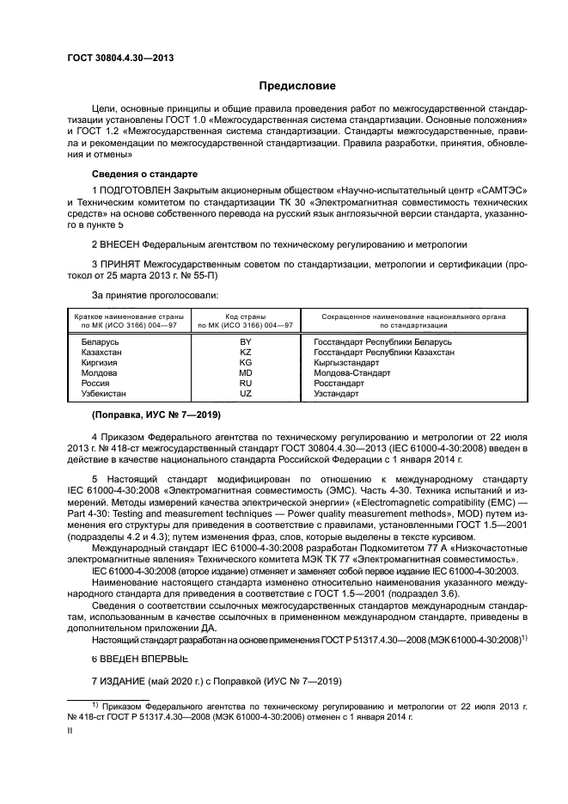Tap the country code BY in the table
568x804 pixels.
tap(245, 342)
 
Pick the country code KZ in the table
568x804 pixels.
tap(245, 353)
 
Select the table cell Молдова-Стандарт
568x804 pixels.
tap(351, 373)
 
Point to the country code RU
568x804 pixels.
tap(245, 384)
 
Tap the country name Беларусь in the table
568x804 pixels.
tap(100, 342)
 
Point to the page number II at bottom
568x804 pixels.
tap(71, 730)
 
